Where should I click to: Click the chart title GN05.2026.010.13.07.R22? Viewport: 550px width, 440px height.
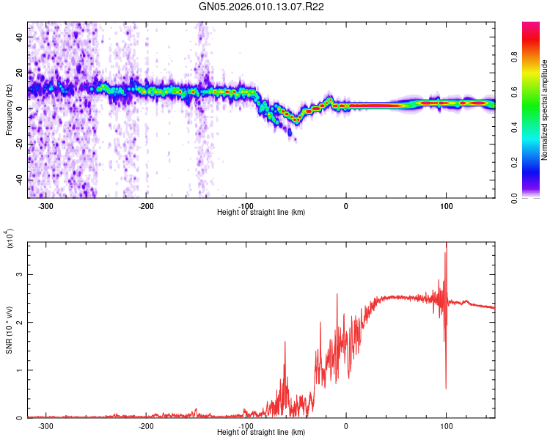pos(273,7)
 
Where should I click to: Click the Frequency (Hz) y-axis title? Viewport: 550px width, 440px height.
pos(9,109)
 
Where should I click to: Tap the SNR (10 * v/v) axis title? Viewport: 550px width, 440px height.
pos(9,330)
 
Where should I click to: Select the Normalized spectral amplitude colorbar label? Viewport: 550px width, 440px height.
pos(545,110)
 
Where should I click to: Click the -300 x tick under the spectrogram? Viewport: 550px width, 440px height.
pos(45,205)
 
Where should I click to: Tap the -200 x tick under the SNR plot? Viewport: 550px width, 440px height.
pos(146,425)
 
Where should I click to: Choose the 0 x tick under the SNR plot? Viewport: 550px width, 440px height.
pos(346,425)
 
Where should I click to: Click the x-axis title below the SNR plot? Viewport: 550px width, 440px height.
pos(261,433)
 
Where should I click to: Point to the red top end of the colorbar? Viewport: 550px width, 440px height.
pos(531,25)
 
